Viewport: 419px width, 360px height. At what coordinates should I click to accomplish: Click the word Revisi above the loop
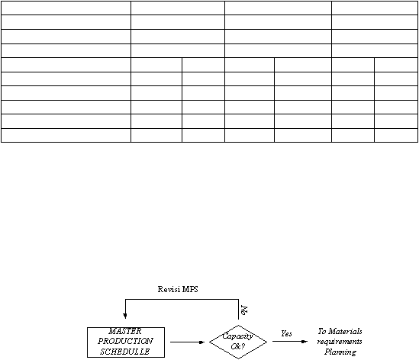click(x=169, y=289)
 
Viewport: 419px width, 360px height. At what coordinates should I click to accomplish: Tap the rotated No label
click(x=244, y=310)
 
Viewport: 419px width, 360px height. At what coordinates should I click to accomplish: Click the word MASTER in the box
click(x=125, y=331)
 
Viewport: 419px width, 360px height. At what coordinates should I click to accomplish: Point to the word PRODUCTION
click(x=125, y=341)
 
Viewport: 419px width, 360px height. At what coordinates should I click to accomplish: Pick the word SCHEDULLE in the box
click(x=125, y=352)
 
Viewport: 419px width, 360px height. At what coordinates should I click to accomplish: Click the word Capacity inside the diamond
click(x=237, y=336)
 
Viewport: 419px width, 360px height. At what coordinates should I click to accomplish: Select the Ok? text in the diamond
click(x=238, y=346)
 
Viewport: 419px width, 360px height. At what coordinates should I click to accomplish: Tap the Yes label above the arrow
click(x=286, y=333)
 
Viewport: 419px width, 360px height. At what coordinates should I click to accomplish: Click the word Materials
click(x=345, y=331)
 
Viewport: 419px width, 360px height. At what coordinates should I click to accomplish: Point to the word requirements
click(x=340, y=342)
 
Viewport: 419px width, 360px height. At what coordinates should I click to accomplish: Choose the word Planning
click(x=340, y=352)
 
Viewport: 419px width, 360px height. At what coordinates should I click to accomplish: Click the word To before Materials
click(x=322, y=331)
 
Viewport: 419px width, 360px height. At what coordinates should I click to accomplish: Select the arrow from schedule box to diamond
click(x=187, y=342)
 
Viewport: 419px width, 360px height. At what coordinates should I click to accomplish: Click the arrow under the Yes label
click(x=290, y=341)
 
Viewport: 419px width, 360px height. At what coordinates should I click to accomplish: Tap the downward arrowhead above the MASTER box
click(x=125, y=316)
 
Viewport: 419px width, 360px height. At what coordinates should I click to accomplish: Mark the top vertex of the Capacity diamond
click(x=238, y=325)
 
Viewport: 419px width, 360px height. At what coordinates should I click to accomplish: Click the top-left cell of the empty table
click(x=66, y=8)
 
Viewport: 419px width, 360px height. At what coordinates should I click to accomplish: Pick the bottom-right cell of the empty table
click(x=396, y=136)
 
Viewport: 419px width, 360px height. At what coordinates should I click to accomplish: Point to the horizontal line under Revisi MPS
click(x=182, y=300)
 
